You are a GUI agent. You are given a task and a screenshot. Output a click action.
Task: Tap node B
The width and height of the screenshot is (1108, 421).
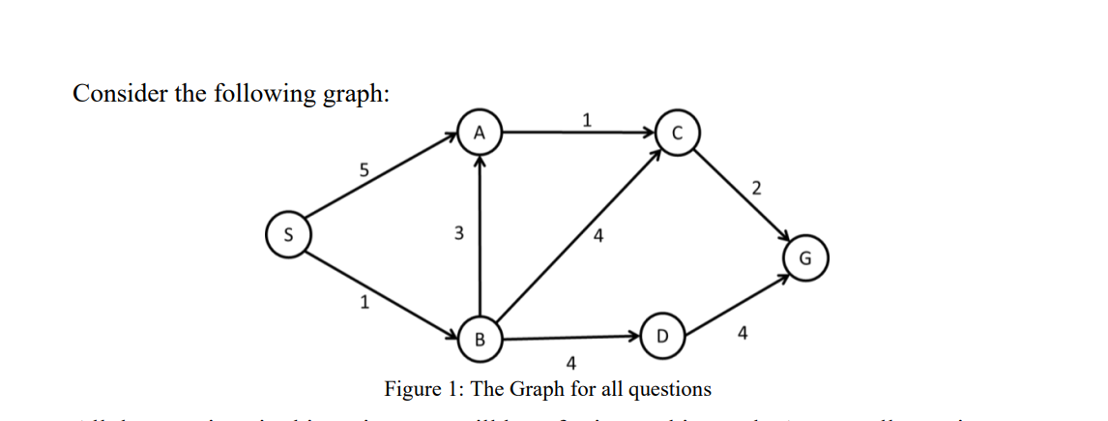point(479,339)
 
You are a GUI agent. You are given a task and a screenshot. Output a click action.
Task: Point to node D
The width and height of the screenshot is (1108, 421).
point(661,337)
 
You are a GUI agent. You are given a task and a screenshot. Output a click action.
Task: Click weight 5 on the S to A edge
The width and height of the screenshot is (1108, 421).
point(364,170)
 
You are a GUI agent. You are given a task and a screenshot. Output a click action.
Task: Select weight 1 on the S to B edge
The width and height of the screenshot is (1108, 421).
point(364,302)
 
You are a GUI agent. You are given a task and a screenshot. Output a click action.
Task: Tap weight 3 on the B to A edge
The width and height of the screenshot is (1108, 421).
point(458,233)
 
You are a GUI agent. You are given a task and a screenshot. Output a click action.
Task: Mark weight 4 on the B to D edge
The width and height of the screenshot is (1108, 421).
point(570,364)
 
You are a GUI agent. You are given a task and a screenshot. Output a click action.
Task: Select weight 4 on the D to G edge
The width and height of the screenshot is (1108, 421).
point(742,334)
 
